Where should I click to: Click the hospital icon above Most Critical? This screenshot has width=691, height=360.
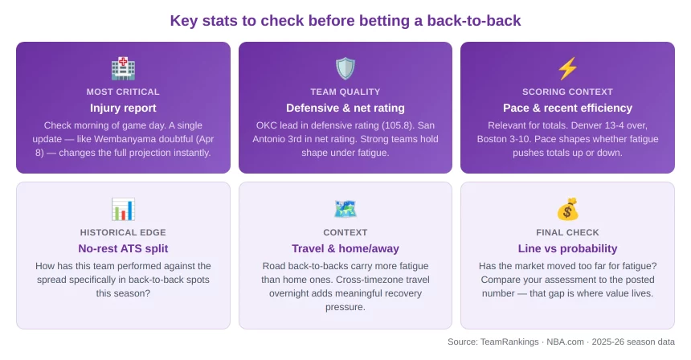123,67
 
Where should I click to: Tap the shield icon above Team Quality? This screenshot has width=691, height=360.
345,67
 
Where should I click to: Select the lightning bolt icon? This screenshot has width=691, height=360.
567,67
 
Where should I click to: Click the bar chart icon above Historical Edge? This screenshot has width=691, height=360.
123,209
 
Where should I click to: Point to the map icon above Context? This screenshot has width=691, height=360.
345,209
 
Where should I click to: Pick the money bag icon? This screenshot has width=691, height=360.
567,209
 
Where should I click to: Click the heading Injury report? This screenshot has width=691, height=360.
123,108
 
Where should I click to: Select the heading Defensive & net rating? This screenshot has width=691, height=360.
345,108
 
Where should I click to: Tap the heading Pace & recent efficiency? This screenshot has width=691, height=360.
567,108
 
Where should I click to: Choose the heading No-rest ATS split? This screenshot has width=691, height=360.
123,248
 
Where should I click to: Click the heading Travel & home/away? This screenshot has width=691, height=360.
345,248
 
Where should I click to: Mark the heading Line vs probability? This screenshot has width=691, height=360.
567,248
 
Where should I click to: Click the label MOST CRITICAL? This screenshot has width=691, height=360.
123,92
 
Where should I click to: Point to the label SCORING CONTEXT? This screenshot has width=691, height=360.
567,92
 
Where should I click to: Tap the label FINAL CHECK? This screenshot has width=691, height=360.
567,232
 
